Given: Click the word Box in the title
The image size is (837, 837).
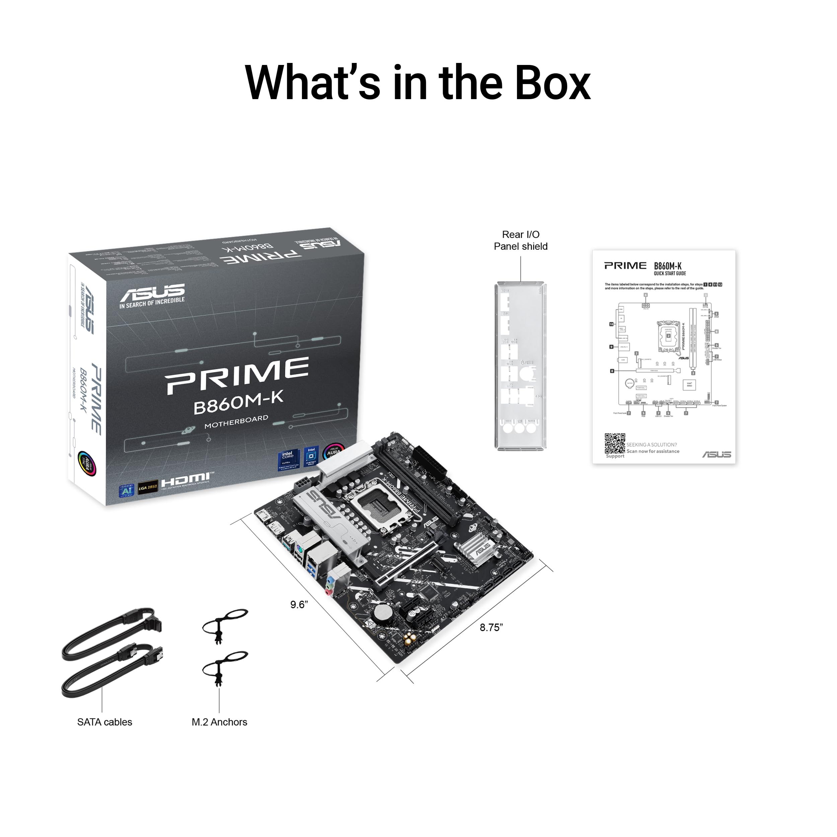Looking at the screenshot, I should point(552,82).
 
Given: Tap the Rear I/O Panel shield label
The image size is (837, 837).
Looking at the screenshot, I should point(520,240).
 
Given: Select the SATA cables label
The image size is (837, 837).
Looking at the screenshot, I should point(104,722).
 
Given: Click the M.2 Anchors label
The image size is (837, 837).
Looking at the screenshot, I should point(219,722).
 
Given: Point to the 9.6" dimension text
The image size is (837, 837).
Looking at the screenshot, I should point(299,604).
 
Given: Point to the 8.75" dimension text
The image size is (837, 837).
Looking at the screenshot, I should point(491,627).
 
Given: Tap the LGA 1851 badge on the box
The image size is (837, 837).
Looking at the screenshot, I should point(148,487).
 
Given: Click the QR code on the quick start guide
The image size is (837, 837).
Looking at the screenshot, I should point(615,443).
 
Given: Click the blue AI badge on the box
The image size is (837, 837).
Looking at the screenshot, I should point(127,490).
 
